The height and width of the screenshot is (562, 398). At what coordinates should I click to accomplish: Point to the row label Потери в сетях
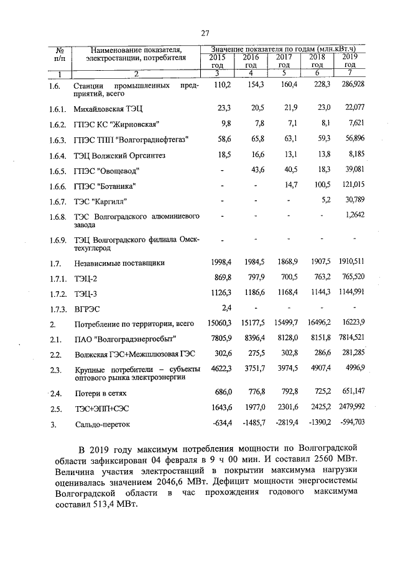103,393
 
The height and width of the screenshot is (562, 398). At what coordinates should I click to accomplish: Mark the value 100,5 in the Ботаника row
320,186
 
